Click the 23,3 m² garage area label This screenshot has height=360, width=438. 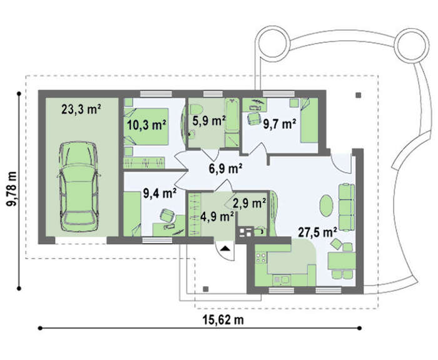pos(81,110)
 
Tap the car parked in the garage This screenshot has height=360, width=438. pos(79,187)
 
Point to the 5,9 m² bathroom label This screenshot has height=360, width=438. pos(209,121)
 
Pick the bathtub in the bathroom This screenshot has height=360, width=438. pos(232,115)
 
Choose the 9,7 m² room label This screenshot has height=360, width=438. pos(280,124)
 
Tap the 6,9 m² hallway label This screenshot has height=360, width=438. pos(225,168)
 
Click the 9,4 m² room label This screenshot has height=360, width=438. pos(160,193)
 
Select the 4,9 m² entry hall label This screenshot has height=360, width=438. pos(217,217)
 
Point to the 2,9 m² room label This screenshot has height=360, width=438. pos(249,203)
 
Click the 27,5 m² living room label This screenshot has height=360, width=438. pos(317,232)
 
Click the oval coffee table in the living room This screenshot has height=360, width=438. pos(326,205)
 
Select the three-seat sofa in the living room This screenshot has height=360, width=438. pos(347,207)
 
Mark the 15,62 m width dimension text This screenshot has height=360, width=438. pos(223,320)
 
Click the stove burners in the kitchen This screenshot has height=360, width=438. pos(261,257)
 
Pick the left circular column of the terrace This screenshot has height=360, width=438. pos(272,43)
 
